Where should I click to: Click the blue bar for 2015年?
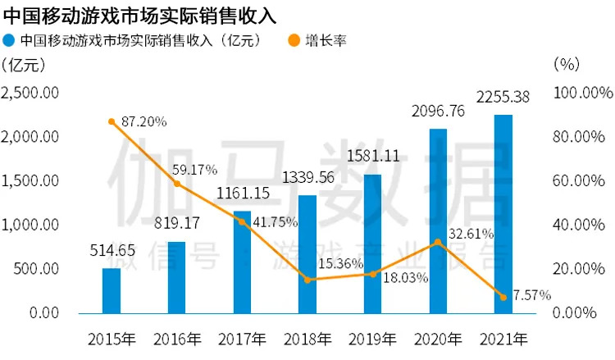click(x=112, y=290)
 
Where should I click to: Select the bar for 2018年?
click(x=307, y=254)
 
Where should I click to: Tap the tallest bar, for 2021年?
click(x=503, y=213)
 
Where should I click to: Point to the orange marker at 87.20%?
click(x=112, y=121)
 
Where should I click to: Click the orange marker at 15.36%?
click(x=307, y=280)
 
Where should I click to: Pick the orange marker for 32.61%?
click(x=438, y=242)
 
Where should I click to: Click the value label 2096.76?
click(x=439, y=111)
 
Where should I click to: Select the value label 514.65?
click(x=112, y=250)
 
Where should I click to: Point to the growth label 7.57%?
click(x=530, y=294)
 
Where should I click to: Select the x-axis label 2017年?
click(x=243, y=337)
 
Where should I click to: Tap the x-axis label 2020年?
click(x=438, y=337)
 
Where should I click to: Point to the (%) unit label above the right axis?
click(x=567, y=64)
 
